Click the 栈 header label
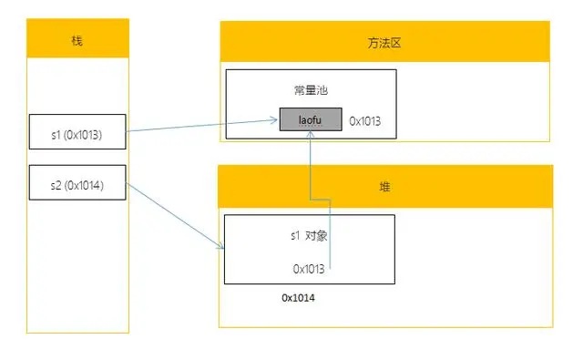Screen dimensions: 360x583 click(77, 40)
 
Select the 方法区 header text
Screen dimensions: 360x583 click(384, 43)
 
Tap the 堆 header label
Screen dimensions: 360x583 click(384, 185)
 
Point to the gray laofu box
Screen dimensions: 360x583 click(311, 119)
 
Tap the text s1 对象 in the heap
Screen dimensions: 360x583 click(309, 234)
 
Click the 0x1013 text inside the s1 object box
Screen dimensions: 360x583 click(309, 268)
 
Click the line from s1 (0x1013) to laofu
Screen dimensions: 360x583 click(200, 126)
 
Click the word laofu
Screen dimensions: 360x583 click(311, 119)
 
